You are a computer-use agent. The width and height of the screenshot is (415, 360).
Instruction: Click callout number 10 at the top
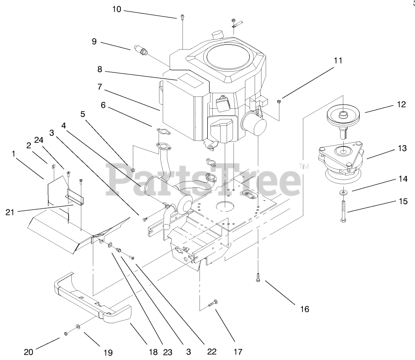pos(117,9)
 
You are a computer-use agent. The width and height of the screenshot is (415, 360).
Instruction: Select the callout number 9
pos(94,41)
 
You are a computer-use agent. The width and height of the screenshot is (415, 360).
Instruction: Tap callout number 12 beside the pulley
pos(402,105)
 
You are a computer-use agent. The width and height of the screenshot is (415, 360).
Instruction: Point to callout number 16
pos(305,309)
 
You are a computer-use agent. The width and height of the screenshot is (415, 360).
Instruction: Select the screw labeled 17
pos(213,303)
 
